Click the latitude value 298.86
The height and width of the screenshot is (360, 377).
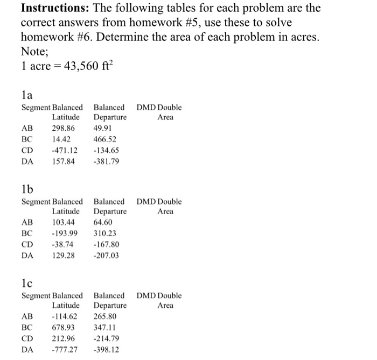64,129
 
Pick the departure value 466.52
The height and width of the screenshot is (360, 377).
107,139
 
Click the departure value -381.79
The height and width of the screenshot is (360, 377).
106,161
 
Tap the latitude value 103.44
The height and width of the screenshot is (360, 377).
64,222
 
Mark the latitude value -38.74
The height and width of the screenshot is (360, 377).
62,244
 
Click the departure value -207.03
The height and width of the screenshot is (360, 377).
106,256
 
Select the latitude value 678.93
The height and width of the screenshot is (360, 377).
64,327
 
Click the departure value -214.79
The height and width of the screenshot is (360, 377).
106,338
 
